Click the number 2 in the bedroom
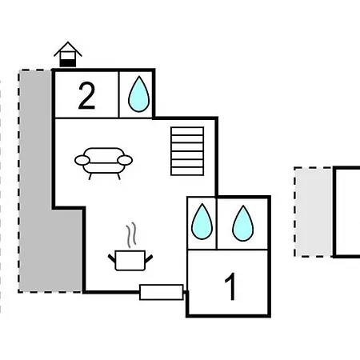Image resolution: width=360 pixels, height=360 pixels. pos(86,96)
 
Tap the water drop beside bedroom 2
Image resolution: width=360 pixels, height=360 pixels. pos(138,94)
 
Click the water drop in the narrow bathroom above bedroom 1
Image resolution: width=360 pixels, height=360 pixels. pos(202,222)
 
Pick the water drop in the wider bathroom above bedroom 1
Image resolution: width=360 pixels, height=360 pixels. pos(242,223)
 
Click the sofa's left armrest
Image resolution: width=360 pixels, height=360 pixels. pos(82,160)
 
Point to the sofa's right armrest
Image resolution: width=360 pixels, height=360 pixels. pos(125,160)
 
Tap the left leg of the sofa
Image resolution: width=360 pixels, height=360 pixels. pos(90,176)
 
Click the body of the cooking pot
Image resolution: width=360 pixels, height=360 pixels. pos(130,260)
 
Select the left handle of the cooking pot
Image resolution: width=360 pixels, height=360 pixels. pos(112,258)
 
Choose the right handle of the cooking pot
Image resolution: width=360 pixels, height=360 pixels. pos(149,258)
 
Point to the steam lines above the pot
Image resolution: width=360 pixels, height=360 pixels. pos(131,234)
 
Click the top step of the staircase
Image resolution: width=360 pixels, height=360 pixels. pos(187,131)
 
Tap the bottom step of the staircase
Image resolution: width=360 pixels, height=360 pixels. pos(187,171)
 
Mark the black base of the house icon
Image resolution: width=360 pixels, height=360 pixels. pos(68,63)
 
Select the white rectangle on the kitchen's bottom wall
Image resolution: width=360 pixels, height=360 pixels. pos(162,292)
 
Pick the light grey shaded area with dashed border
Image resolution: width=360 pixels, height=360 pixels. pos(314,212)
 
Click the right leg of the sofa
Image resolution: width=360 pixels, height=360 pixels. pos(118,176)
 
